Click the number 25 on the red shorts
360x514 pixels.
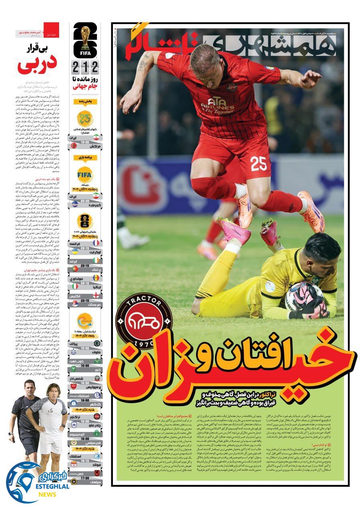coord(259,163)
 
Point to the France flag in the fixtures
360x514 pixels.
coord(96,243)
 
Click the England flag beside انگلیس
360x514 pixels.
coord(96,295)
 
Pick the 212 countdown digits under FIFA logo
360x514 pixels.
coord(85,65)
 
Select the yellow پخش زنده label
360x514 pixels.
coord(85,102)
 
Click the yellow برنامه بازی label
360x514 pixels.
coord(85,157)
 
